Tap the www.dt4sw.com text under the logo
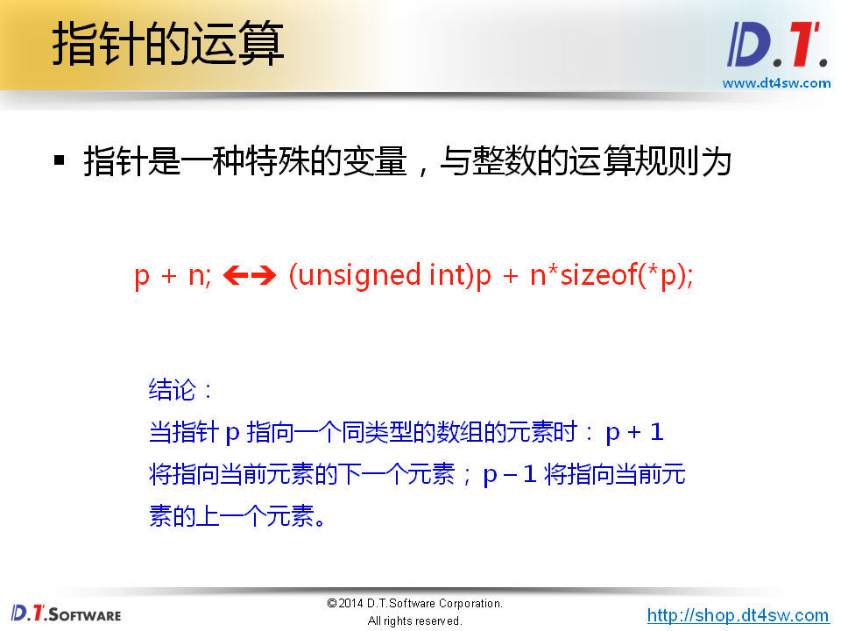[x=776, y=83]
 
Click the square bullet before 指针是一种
[x=60, y=160]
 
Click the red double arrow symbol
[x=250, y=276]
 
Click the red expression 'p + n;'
[x=173, y=276]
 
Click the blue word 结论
[x=173, y=389]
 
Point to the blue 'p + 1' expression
[x=634, y=432]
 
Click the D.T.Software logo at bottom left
[x=67, y=613]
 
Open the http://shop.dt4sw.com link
[x=738, y=615]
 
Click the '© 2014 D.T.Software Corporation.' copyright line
[x=414, y=604]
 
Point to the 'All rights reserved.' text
[x=414, y=621]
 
